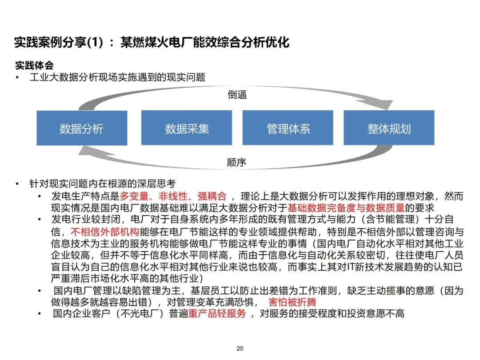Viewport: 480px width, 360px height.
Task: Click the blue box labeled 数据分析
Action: (82, 128)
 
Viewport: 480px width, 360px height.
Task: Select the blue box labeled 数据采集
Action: (187, 128)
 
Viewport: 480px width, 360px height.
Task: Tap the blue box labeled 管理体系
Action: (288, 128)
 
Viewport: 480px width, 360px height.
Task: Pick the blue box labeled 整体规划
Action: (389, 128)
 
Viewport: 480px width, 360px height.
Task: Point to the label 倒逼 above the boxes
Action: (237, 95)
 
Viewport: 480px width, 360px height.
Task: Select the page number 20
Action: (240, 348)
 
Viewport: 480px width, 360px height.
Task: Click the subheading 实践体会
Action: (34, 66)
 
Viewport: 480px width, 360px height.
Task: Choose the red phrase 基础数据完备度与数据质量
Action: (346, 208)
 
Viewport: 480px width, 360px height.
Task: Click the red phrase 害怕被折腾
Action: (292, 302)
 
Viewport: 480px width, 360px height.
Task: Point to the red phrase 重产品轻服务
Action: (217, 314)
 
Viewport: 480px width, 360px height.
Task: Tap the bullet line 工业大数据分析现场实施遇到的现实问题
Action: (117, 77)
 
